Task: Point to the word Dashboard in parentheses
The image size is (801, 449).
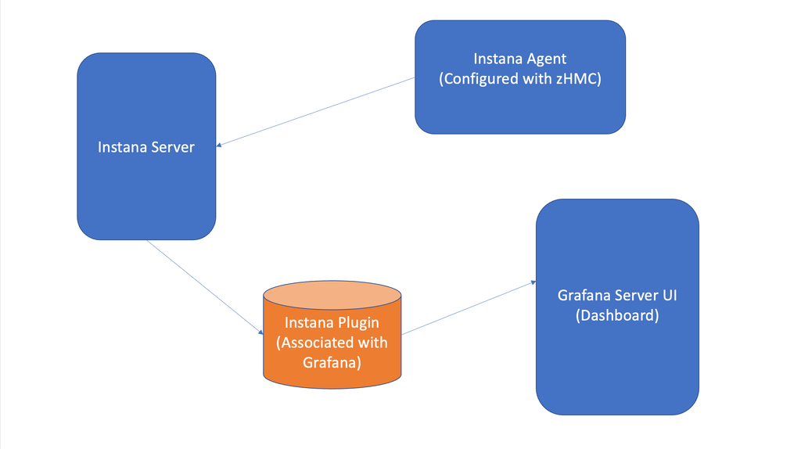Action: (x=617, y=316)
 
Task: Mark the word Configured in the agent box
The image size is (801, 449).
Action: (x=480, y=79)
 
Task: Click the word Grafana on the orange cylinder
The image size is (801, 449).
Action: (x=332, y=362)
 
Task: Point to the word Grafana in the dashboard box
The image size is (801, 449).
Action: (x=585, y=296)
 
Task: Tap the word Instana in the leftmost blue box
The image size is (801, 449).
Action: (x=120, y=147)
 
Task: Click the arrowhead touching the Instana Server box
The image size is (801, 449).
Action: (x=220, y=144)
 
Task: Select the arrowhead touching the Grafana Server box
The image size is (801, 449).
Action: (x=533, y=282)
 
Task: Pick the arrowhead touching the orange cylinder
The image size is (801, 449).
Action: (x=260, y=332)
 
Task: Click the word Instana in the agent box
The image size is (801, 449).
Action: (x=497, y=59)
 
